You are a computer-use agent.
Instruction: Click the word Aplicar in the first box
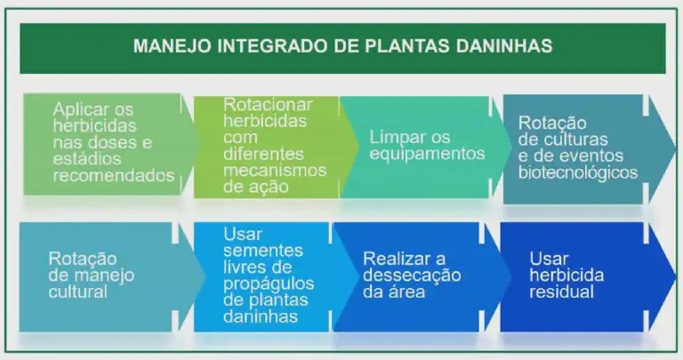(x=81, y=108)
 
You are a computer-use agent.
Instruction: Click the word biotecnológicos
(x=578, y=172)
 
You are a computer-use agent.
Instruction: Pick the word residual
(x=561, y=292)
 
